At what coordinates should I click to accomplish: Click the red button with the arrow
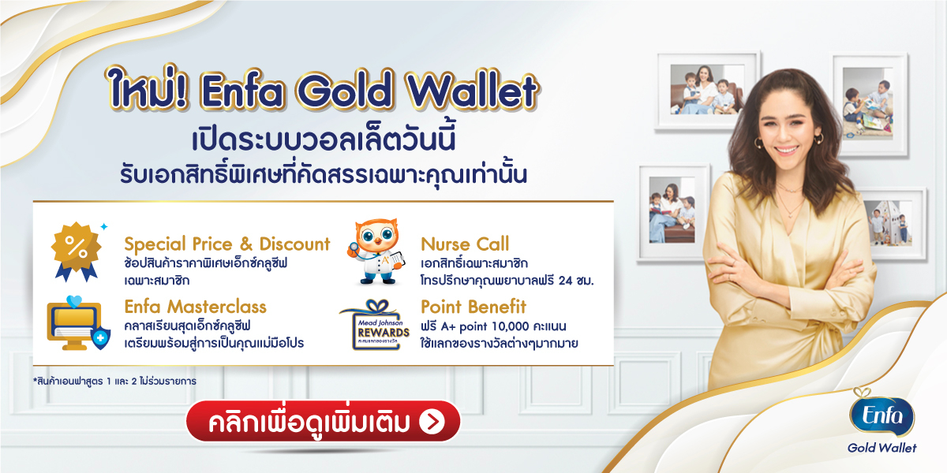[x=322, y=422]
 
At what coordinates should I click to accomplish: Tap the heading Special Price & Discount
[x=227, y=244]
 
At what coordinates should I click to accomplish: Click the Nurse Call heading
[x=465, y=244]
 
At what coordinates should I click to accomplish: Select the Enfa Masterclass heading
[x=195, y=307]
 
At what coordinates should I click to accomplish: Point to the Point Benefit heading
[x=473, y=307]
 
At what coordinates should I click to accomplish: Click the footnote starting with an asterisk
[x=115, y=381]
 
